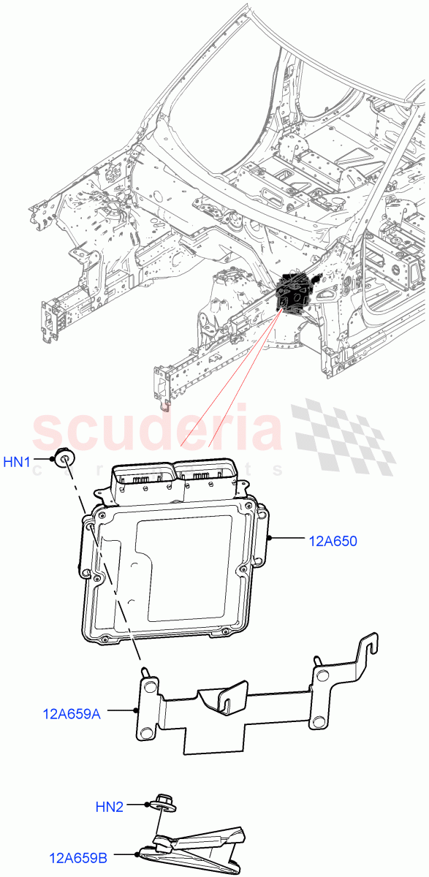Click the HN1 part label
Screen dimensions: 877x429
(18, 462)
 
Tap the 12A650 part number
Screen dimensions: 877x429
(333, 542)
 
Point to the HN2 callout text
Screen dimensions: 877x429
(110, 807)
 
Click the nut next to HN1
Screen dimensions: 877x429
(66, 458)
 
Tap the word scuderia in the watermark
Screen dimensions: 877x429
(157, 432)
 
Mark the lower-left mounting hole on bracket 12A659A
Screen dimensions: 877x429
(146, 732)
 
